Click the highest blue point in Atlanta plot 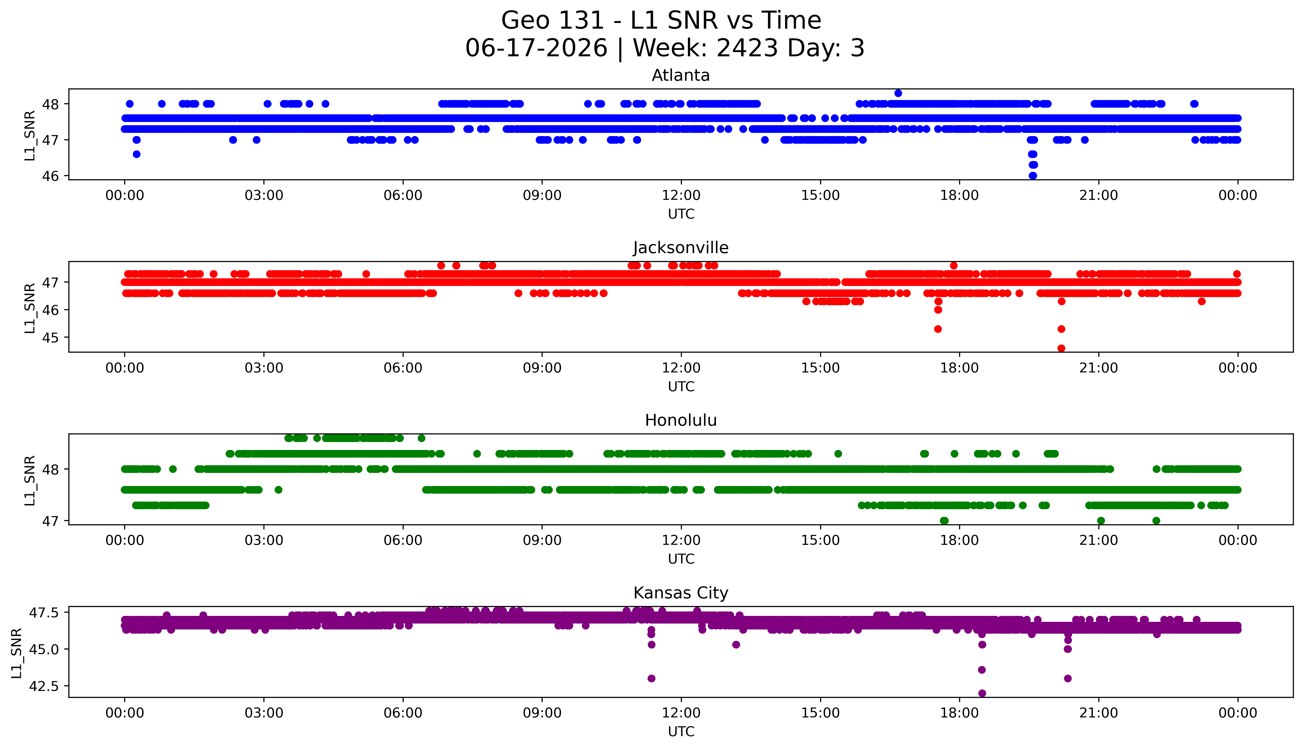coord(898,93)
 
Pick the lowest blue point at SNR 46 coord(1032,175)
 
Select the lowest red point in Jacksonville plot coord(1061,348)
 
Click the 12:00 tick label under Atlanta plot coord(681,196)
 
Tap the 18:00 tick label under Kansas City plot coord(960,713)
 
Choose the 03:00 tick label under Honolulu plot coord(264,541)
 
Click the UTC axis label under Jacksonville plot coord(681,386)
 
